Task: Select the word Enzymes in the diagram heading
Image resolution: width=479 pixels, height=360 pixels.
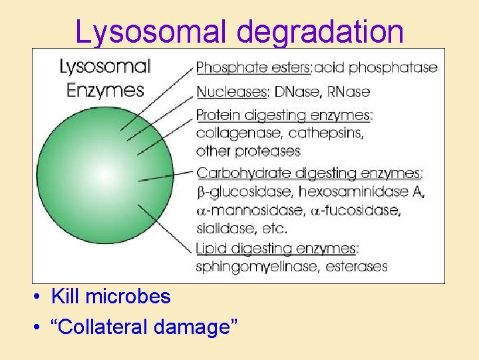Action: [106, 89]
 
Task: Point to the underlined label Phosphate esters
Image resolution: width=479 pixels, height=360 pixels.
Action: [253, 67]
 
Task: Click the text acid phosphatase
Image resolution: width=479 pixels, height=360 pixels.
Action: [376, 67]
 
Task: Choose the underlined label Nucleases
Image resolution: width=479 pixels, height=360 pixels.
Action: [230, 91]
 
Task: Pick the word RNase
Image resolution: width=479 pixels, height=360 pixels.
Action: [347, 91]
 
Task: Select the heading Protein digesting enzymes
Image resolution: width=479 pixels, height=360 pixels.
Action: [284, 115]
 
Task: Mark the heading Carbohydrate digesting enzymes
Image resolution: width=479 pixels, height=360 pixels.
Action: [309, 173]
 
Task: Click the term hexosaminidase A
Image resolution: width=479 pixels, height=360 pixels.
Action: [362, 192]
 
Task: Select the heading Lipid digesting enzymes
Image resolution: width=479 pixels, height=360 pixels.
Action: [277, 249]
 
